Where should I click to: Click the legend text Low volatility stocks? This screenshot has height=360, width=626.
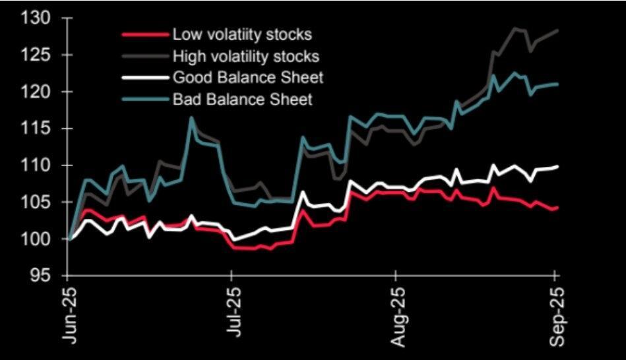[x=241, y=34]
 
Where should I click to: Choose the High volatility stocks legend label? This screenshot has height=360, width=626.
[x=245, y=56]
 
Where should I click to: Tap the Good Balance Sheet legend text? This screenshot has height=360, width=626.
[x=248, y=78]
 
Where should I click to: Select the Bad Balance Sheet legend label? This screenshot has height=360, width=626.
[x=242, y=100]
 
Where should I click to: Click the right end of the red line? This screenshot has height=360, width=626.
[x=558, y=208]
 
